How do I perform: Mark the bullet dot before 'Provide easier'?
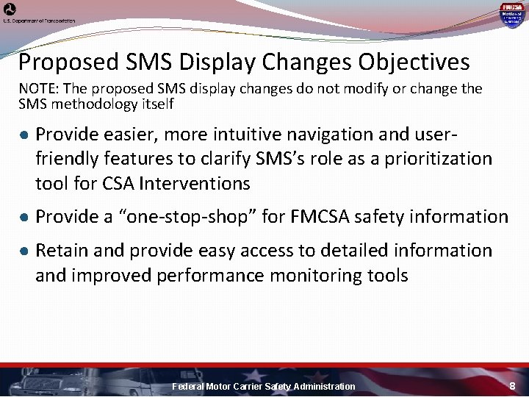tap(24, 135)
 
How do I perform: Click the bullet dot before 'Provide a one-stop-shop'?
tap(24, 217)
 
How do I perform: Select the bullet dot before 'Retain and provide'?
tap(24, 251)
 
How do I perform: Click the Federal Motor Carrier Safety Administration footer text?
tap(263, 387)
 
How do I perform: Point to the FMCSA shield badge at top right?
tap(511, 14)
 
